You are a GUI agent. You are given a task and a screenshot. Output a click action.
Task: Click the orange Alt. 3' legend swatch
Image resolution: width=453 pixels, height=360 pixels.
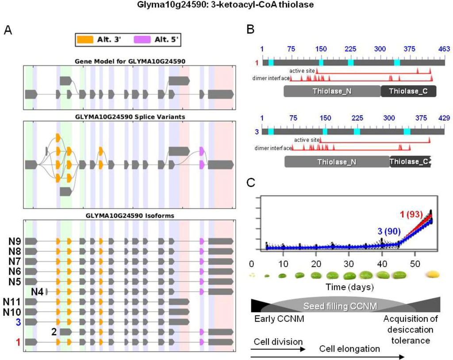tap(85, 39)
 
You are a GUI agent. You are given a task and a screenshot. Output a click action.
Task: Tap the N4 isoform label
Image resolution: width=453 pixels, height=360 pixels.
tap(37, 291)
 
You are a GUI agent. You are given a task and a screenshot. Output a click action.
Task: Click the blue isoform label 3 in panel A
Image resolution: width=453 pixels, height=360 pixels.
tap(18, 322)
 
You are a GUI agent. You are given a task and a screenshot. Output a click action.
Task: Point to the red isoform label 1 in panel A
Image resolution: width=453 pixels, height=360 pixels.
tap(18, 342)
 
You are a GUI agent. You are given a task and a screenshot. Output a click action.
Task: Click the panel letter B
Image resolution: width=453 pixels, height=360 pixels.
tap(250, 31)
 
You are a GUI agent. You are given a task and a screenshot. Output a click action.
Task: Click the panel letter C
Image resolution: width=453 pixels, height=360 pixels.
tap(250, 182)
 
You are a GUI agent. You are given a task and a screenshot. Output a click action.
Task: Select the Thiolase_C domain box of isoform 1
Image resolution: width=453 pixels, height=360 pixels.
tap(408, 91)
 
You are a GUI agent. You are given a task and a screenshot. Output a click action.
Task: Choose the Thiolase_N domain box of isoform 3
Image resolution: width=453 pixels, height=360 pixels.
tap(337, 161)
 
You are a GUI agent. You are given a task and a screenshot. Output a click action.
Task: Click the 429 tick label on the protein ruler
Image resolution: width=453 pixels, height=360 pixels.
tap(444, 118)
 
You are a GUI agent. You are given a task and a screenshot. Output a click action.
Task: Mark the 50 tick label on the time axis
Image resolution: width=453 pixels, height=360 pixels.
tap(415, 264)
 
